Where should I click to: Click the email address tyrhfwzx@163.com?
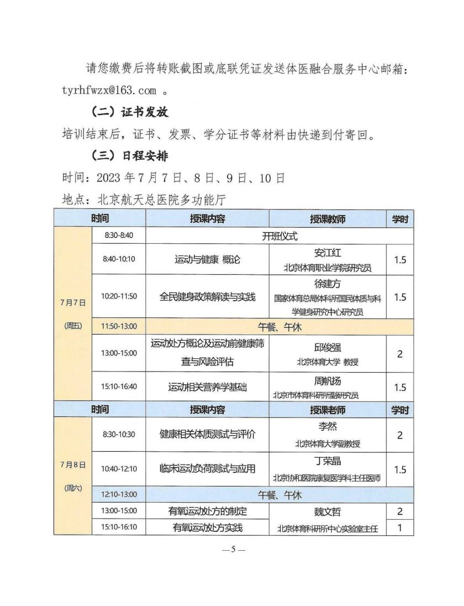point(109,90)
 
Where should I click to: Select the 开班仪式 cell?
point(280,236)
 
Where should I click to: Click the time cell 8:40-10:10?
point(119,259)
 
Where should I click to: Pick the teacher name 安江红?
point(328,253)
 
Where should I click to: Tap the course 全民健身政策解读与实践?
point(208,297)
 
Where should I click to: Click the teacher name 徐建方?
point(328,284)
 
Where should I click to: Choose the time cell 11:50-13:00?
point(119,326)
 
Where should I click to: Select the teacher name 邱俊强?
point(328,347)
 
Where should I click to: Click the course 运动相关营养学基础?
point(208,387)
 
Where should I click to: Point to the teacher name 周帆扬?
point(328,381)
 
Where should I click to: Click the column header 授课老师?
point(328,410)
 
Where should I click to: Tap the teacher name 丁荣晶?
point(328,461)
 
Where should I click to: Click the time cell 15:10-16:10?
point(119,527)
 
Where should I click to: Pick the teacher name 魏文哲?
point(328,512)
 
